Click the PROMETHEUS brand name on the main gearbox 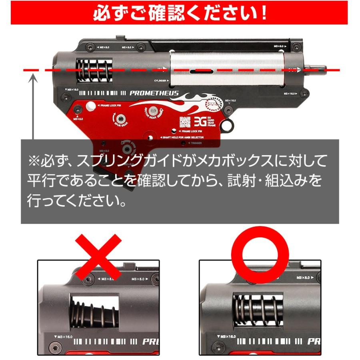(x=154, y=93)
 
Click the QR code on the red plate (x=184, y=122)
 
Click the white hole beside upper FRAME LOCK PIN (x=91, y=106)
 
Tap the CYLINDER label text (x=159, y=80)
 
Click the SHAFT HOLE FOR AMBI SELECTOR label (x=182, y=137)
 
